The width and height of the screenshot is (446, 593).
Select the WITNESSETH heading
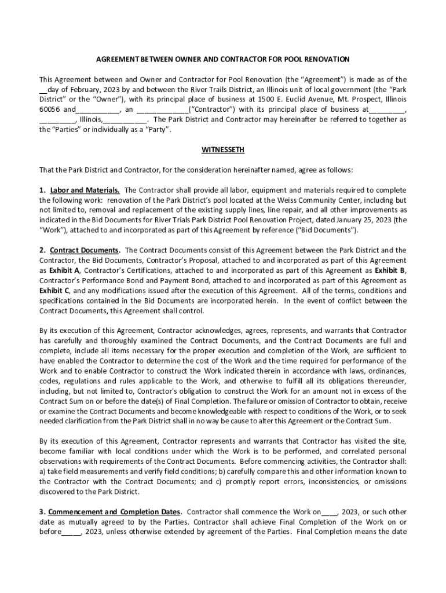pyautogui.click(x=223, y=150)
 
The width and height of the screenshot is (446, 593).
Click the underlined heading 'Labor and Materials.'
pyautogui.click(x=85, y=190)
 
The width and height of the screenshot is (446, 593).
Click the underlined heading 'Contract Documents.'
pyautogui.click(x=85, y=250)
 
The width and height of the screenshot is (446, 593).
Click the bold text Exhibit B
pyautogui.click(x=390, y=270)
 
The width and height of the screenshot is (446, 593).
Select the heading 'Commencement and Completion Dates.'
pyautogui.click(x=115, y=512)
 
